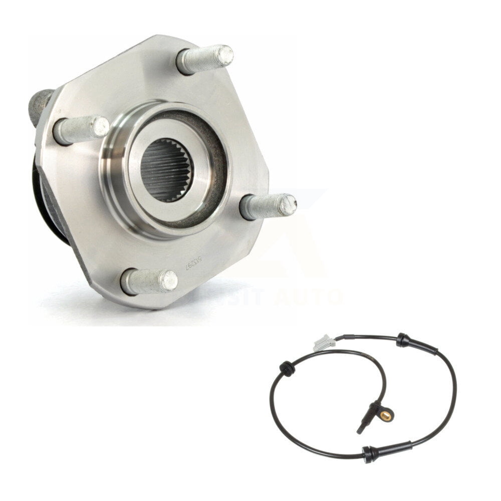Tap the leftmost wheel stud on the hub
tap(80, 129)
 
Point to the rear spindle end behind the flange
tap(40, 105)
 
